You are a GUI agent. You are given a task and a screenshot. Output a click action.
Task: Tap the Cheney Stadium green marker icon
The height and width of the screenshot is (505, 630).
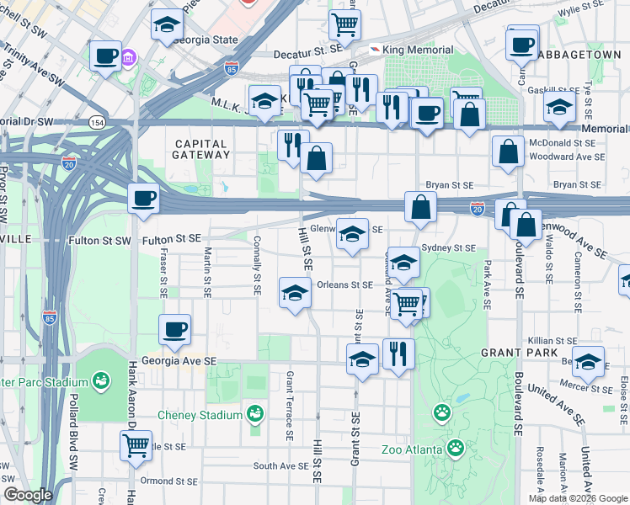(x=255, y=414)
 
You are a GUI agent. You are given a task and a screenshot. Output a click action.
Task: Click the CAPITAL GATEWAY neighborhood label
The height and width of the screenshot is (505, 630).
(x=200, y=149)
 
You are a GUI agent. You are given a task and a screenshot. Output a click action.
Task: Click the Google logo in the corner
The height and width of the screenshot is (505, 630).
(x=27, y=495)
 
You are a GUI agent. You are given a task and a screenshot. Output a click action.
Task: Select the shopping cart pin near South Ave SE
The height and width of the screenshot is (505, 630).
(x=135, y=444)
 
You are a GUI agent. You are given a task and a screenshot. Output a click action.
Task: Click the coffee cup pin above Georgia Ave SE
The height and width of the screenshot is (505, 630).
(x=174, y=329)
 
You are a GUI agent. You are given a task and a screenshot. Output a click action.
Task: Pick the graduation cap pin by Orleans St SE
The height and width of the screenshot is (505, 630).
(x=294, y=293)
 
